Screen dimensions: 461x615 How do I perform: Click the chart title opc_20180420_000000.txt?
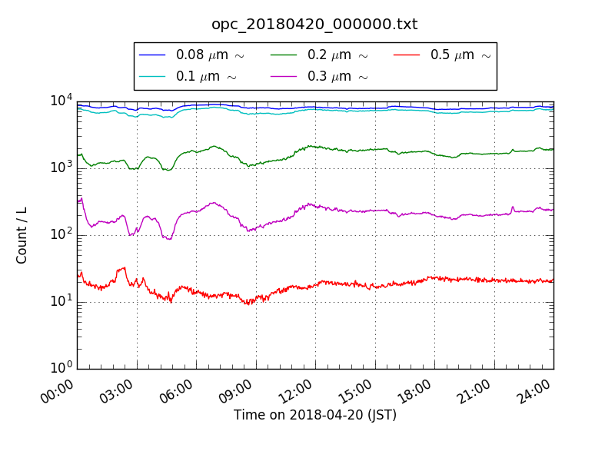(314, 25)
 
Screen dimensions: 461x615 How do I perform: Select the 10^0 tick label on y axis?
(61, 367)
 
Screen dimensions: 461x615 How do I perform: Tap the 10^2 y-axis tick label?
(61, 234)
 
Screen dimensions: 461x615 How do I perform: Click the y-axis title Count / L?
(22, 235)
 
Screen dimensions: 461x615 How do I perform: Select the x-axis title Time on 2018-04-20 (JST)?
(315, 416)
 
